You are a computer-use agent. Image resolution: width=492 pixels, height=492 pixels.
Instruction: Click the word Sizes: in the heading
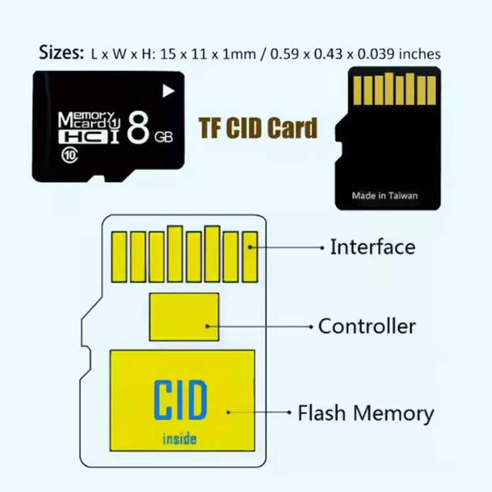tap(62, 52)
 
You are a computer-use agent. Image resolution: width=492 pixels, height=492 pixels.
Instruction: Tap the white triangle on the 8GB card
tap(168, 91)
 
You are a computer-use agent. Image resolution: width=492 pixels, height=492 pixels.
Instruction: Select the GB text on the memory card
tap(163, 137)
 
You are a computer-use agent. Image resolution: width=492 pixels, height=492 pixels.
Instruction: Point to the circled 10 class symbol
tap(70, 155)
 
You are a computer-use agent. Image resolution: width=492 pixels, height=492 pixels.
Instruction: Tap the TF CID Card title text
tap(258, 128)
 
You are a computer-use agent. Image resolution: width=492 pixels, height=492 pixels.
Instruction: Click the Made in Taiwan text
tap(384, 195)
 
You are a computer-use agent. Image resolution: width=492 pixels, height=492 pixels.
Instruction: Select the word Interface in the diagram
tap(373, 247)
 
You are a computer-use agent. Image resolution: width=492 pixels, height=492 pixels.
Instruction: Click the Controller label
tap(367, 326)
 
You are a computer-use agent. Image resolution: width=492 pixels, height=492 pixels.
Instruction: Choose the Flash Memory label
tap(366, 413)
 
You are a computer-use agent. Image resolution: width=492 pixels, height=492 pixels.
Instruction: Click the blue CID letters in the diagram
tap(180, 400)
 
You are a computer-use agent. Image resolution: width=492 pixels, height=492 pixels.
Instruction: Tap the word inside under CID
tap(180, 439)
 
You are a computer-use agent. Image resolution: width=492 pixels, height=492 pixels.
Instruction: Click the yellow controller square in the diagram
tap(184, 317)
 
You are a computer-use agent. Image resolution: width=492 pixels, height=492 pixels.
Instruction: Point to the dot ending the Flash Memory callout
tap(289, 413)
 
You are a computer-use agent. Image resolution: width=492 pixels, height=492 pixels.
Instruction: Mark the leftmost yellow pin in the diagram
tap(119, 257)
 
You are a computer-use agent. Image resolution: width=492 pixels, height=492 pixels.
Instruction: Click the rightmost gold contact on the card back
tap(432, 91)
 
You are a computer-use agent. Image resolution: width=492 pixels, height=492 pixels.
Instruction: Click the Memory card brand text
tap(87, 120)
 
